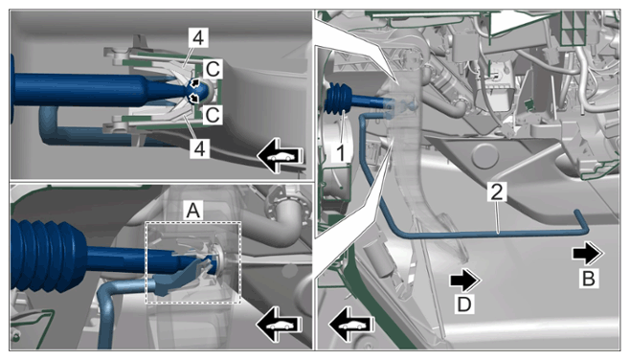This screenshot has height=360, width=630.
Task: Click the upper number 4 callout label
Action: point(198,38)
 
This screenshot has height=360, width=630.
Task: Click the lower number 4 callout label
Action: point(199,148)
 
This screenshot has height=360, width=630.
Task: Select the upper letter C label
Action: point(213,69)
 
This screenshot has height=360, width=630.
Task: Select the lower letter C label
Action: point(213,115)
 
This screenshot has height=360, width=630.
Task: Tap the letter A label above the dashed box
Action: point(193,210)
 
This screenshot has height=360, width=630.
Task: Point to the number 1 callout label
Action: point(341,153)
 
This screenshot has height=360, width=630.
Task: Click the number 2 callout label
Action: point(497,191)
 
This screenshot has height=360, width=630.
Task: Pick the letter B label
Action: point(589,278)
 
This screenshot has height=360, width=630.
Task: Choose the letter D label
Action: point(464,304)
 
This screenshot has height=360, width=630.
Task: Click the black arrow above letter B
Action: point(588,253)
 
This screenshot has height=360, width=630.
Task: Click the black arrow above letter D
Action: point(465,281)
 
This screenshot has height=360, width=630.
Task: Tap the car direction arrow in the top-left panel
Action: point(281,156)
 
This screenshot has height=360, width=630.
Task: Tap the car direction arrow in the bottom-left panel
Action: point(281,325)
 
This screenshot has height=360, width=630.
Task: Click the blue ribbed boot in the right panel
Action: point(338,99)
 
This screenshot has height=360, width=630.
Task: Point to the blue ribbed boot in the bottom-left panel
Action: point(48,255)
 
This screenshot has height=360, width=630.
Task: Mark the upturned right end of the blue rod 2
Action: point(582,221)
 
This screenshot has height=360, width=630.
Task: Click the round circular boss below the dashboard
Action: point(485,155)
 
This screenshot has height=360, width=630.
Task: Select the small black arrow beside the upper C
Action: point(195,83)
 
